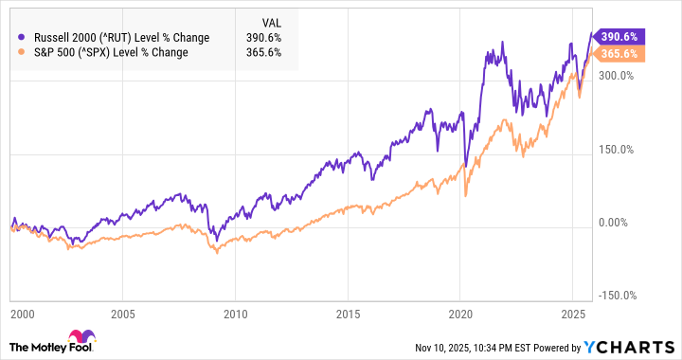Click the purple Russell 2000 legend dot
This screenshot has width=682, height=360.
[21, 37]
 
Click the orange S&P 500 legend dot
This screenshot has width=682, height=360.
[21, 52]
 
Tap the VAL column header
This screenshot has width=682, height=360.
[245, 21]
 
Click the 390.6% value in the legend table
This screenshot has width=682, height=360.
[251, 37]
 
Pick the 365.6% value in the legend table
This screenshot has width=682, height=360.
[251, 52]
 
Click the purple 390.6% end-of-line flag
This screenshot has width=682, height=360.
[617, 36]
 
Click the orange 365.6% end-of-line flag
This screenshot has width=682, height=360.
[617, 54]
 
